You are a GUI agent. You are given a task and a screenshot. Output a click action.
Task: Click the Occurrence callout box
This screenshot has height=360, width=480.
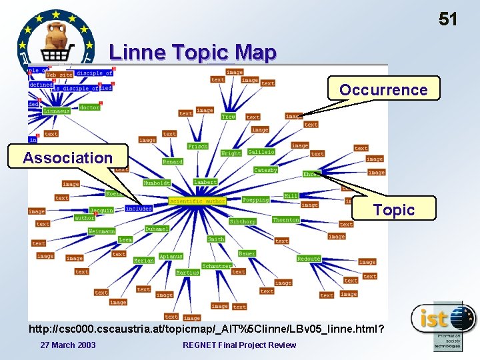pyautogui.click(x=383, y=89)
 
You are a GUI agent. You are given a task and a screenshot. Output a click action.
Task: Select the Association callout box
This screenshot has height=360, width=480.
pyautogui.click(x=68, y=157)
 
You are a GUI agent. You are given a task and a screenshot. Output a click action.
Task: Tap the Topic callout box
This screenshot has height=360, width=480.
pyautogui.click(x=393, y=210)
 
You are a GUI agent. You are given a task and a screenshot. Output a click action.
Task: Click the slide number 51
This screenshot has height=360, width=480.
pyautogui.click(x=448, y=19)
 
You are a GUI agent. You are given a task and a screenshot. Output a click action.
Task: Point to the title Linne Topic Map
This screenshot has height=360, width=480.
pyautogui.click(x=192, y=52)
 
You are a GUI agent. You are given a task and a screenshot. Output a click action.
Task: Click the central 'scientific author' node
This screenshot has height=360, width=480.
pyautogui.click(x=197, y=200)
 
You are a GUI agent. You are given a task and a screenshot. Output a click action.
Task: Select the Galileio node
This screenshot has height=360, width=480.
pyautogui.click(x=261, y=152)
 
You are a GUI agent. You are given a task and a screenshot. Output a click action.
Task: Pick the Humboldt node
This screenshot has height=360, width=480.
pyautogui.click(x=157, y=183)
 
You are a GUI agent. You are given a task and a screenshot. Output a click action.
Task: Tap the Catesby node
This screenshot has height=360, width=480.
pyautogui.click(x=265, y=170)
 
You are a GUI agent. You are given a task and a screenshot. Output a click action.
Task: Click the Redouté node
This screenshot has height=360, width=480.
pyautogui.click(x=309, y=258)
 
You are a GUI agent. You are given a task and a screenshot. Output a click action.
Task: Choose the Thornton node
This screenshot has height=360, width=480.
pyautogui.click(x=285, y=219)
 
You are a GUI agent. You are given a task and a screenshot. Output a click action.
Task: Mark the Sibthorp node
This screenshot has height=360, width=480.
pyautogui.click(x=242, y=221)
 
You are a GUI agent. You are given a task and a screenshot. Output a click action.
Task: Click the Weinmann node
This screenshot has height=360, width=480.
pyautogui.click(x=101, y=231)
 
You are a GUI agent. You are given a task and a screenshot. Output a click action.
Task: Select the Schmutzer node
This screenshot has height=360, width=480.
pyautogui.click(x=216, y=266)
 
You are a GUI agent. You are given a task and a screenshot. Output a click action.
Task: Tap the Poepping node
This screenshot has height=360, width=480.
pyautogui.click(x=255, y=199)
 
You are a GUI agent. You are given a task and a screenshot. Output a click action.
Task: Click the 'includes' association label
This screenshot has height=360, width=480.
pyautogui.click(x=138, y=208)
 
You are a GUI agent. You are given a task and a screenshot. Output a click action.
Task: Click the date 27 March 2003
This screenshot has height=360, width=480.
pyautogui.click(x=67, y=345)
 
